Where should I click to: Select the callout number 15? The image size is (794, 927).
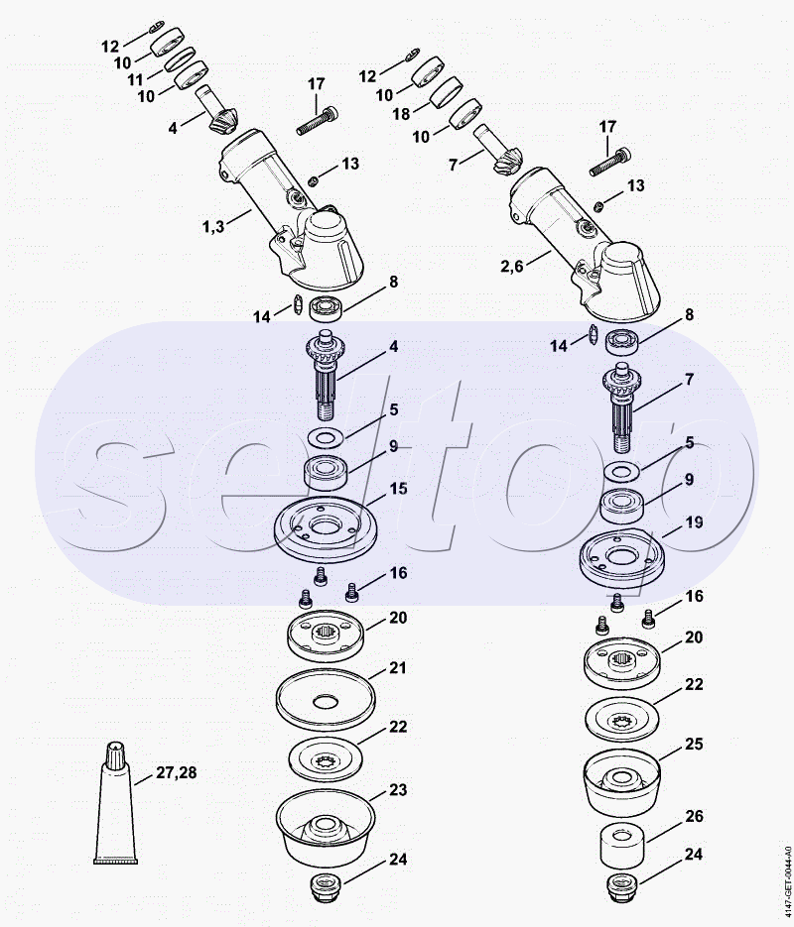point(399,489)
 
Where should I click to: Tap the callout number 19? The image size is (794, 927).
point(694,522)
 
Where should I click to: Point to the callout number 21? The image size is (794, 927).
point(398,667)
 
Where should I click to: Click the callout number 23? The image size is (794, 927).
point(398,790)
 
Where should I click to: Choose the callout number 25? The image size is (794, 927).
point(694,744)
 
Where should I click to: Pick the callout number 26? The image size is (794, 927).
point(694,816)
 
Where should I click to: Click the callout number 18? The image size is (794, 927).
point(401,113)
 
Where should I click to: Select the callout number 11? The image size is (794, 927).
point(136,79)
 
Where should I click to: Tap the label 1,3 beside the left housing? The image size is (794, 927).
point(213,226)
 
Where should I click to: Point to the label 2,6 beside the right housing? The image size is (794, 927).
point(512,266)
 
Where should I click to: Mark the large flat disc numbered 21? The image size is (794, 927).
point(326,699)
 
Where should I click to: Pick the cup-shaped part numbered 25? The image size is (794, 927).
point(622,780)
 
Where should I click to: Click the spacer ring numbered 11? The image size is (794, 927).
point(180,58)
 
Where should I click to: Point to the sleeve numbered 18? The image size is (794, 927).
point(446,92)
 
